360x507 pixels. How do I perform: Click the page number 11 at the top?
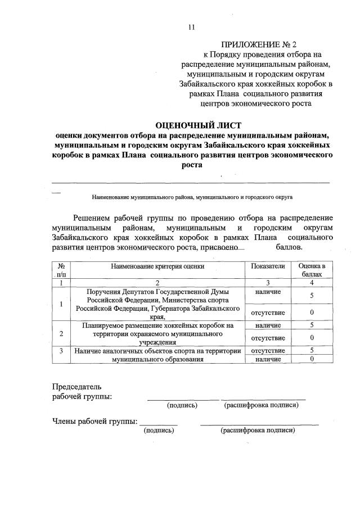tap(191, 26)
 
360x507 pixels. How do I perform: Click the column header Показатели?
tap(268, 266)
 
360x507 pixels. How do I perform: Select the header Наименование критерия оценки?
tap(157, 266)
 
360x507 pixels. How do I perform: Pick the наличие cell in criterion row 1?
tap(268, 292)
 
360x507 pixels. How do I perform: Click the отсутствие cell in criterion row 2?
tap(268, 338)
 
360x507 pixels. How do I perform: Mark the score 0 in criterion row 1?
tap(312, 313)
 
